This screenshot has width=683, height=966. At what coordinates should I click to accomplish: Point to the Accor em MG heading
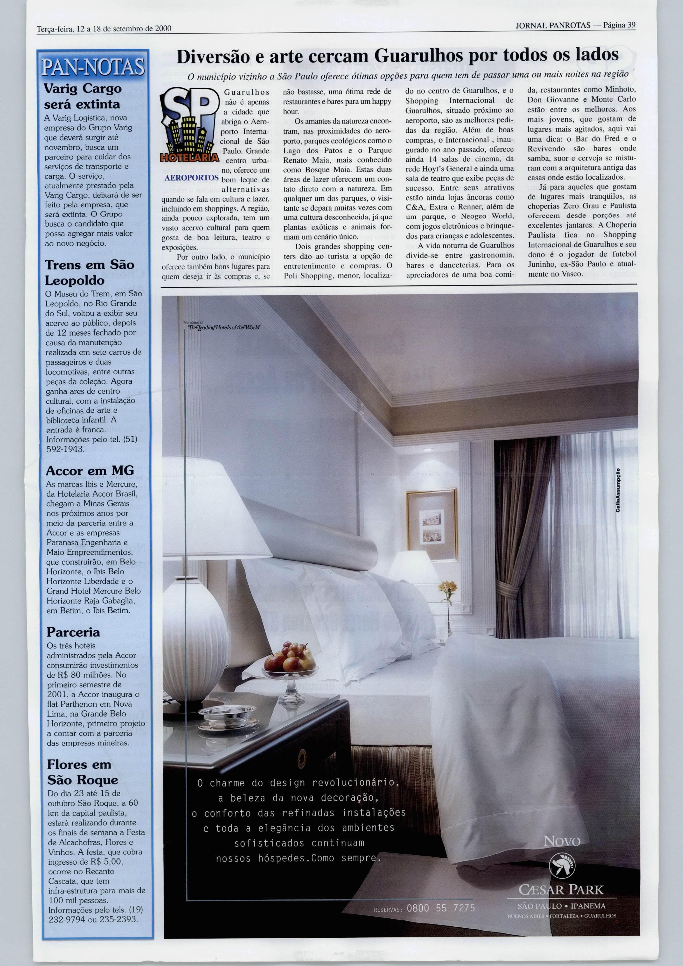(x=90, y=470)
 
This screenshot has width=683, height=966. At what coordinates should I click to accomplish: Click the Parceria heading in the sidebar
(x=73, y=632)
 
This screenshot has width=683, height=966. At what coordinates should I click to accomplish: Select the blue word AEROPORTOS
(x=191, y=178)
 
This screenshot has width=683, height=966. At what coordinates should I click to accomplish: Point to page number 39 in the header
(x=631, y=25)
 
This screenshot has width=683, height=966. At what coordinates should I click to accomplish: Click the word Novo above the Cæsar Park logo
(x=562, y=841)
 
